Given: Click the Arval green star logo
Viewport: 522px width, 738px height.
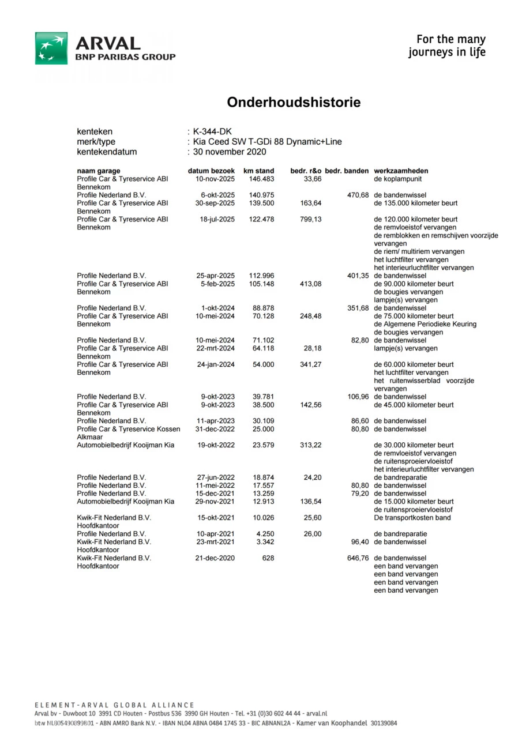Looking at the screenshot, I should (x=51, y=48).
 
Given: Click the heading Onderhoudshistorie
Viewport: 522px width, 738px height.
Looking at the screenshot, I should (x=294, y=103).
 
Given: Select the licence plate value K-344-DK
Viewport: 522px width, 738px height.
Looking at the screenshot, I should (x=213, y=132).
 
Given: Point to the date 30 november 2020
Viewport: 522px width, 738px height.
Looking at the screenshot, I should (x=230, y=152).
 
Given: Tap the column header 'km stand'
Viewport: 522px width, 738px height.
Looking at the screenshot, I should (x=259, y=171).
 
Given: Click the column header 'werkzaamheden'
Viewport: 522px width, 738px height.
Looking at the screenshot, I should (x=401, y=171).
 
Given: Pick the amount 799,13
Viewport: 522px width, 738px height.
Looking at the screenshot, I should (x=311, y=220).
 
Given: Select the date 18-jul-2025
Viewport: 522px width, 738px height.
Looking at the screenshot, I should (x=217, y=220).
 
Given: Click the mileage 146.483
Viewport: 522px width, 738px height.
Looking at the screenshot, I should (x=261, y=179).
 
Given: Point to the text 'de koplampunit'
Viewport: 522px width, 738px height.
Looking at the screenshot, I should (x=398, y=179).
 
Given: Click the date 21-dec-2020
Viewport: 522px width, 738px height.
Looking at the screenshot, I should (x=216, y=559).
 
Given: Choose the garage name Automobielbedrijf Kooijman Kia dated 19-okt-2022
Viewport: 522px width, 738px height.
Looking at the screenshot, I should (x=126, y=446).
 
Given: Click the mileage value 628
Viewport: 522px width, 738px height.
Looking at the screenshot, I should (x=268, y=559).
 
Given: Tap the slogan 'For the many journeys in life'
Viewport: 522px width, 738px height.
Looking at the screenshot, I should (x=447, y=46).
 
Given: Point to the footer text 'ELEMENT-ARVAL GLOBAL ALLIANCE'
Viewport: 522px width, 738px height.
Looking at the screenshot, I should (x=114, y=705).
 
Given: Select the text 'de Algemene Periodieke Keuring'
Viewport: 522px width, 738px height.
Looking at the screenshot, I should (x=425, y=325).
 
